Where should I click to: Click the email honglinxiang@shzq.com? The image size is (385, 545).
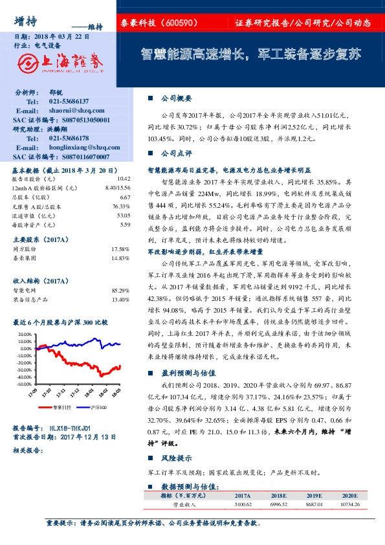(x=79, y=148)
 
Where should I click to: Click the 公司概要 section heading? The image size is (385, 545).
(x=176, y=98)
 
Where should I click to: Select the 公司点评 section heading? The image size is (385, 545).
(x=176, y=154)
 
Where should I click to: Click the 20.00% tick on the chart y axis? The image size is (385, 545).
(x=23, y=334)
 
